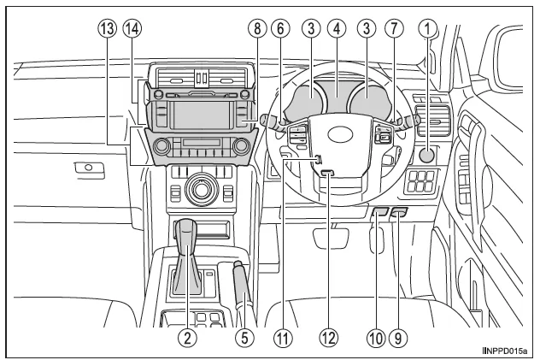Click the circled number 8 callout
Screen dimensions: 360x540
[x=254, y=28]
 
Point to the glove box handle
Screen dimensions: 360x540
[x=83, y=168]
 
